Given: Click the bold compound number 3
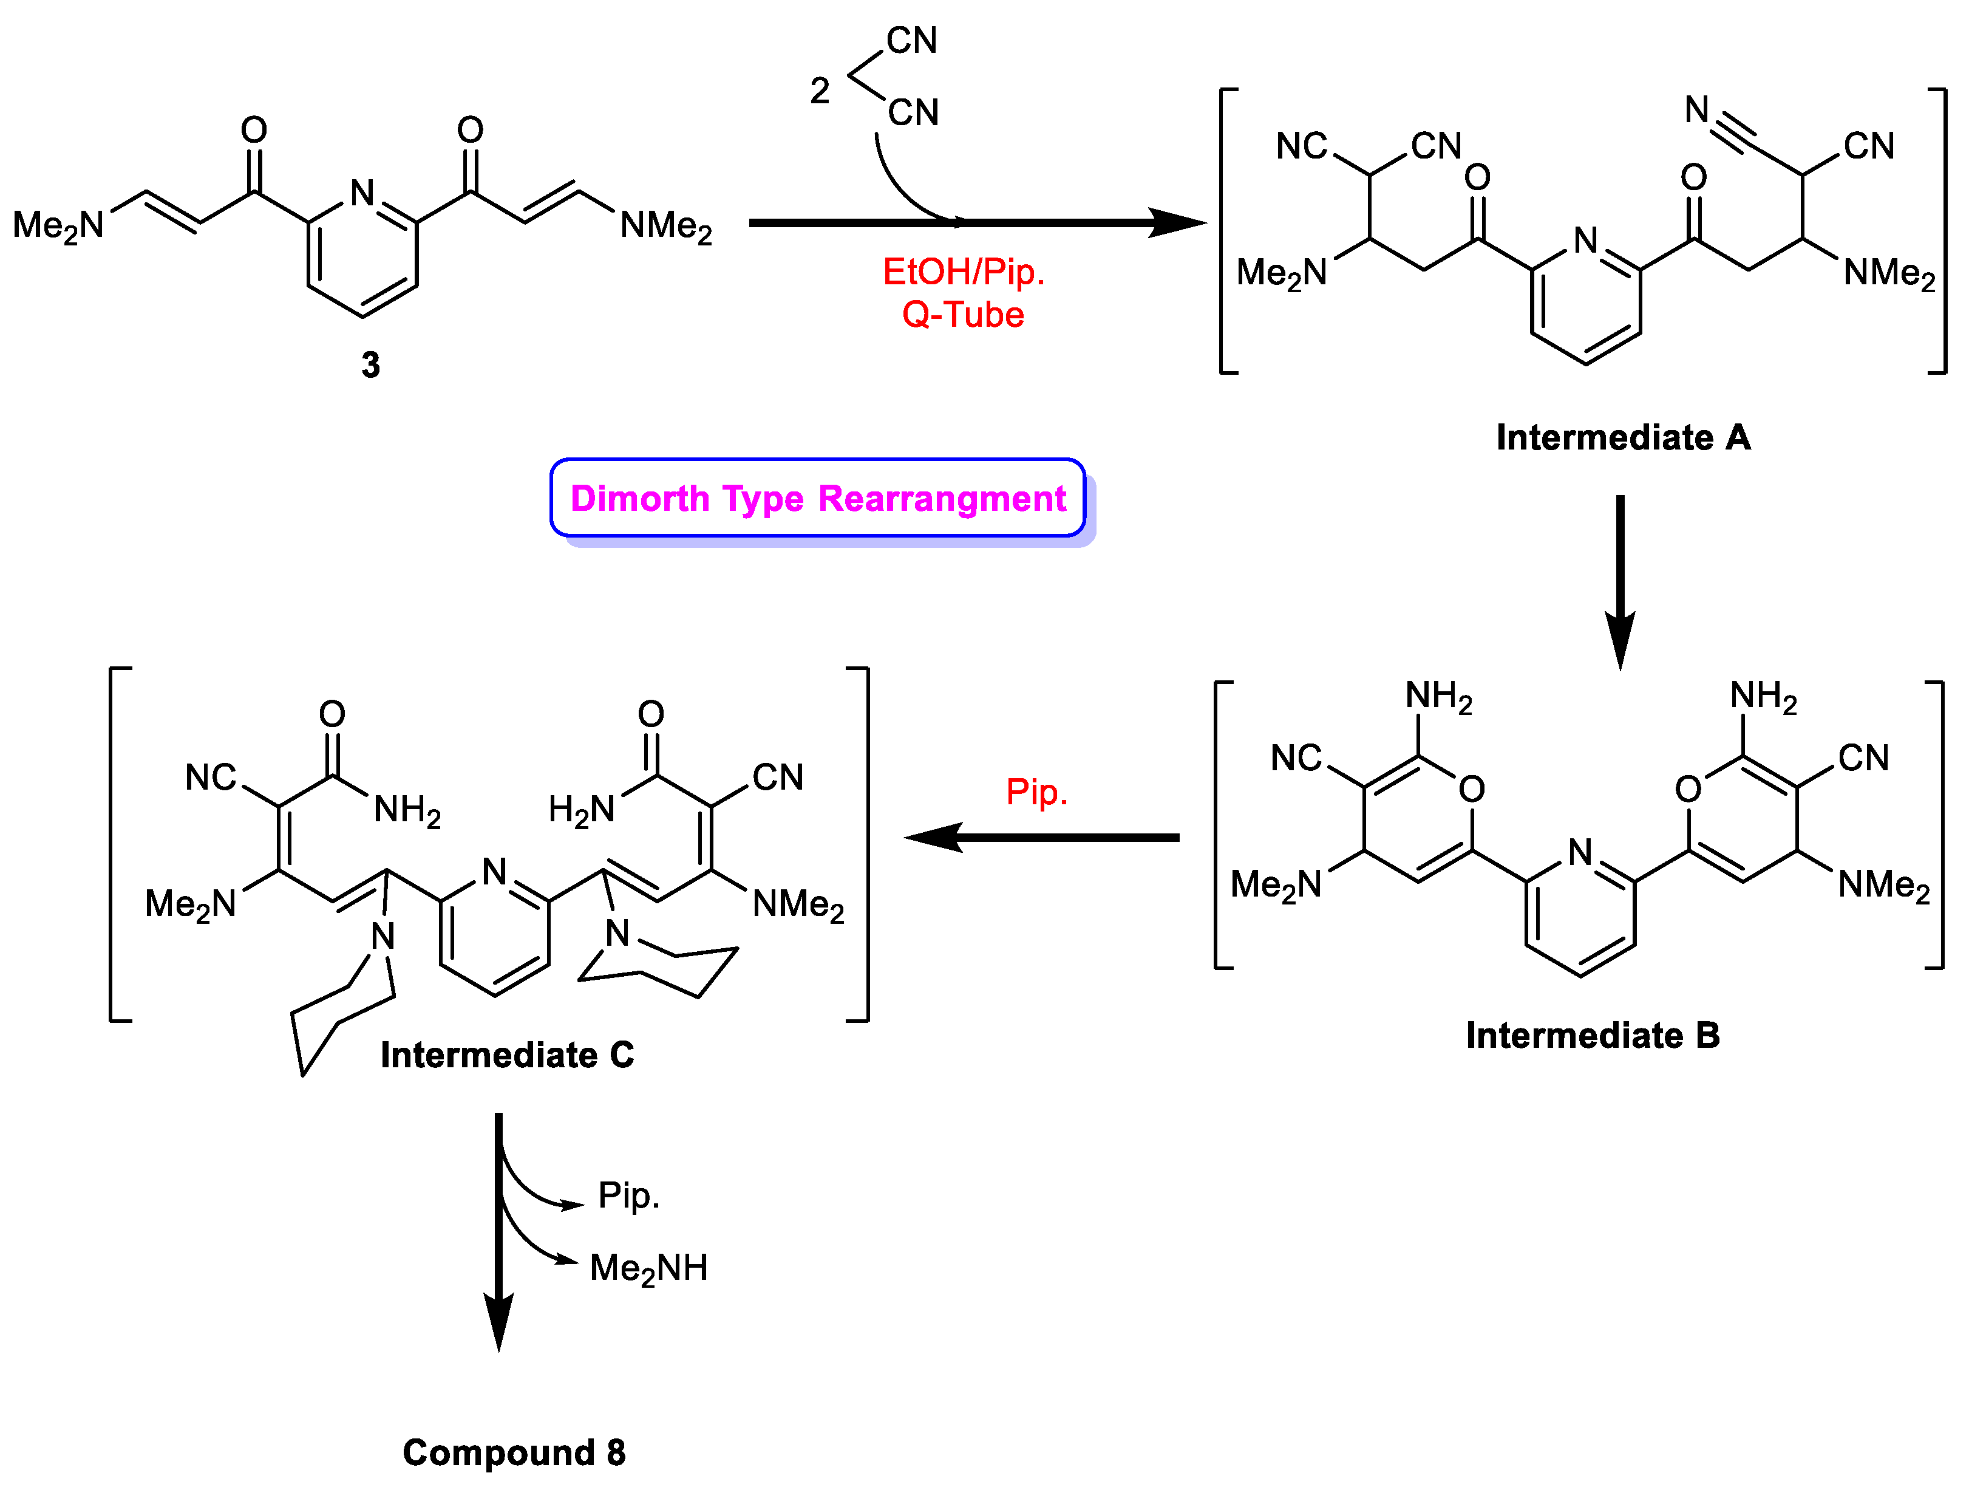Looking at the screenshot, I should click(x=370, y=365).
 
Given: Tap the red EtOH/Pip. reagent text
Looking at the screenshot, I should click(x=963, y=272).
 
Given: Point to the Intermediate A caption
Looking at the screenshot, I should click(x=1623, y=437).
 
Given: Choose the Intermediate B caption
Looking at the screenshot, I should click(x=1593, y=1034).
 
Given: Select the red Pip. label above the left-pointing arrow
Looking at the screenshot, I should click(x=1036, y=791).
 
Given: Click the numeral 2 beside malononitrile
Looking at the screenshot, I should click(x=820, y=91).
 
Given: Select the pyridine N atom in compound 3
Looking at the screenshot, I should click(x=362, y=193).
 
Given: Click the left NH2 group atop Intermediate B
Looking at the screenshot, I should click(x=1438, y=696).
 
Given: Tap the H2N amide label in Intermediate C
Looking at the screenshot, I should click(x=581, y=809).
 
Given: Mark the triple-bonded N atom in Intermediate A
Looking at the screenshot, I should click(x=1696, y=109).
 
